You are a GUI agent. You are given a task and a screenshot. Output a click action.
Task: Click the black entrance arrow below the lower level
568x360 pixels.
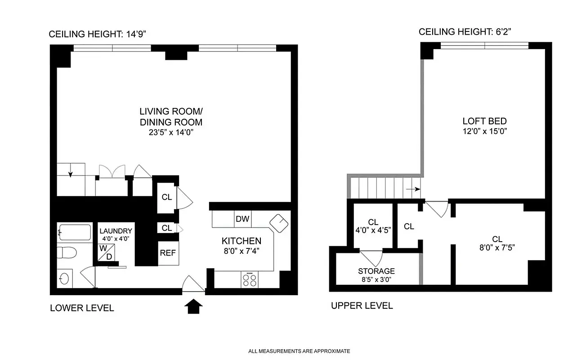point(193,306)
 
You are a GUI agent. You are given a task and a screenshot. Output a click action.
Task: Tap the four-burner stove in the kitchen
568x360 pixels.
point(250,279)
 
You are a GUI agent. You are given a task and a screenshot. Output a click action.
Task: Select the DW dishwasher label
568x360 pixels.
point(242,219)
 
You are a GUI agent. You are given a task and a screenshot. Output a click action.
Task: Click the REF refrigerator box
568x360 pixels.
point(168,253)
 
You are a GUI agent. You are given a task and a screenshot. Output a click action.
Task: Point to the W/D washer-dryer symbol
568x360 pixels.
point(106,252)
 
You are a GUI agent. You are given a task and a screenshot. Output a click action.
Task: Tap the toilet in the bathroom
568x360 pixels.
point(67,253)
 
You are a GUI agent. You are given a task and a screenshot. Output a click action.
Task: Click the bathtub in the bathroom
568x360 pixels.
point(75,232)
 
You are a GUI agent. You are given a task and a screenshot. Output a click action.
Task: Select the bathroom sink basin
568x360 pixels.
point(64,278)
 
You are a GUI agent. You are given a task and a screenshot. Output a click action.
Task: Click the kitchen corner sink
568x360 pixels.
point(279,223)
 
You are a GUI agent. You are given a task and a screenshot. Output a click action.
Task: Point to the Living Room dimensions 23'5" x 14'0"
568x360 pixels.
point(171,132)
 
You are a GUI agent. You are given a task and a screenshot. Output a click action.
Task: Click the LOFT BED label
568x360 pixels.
point(484,121)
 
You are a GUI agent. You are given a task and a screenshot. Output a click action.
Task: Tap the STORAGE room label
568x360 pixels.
point(376,271)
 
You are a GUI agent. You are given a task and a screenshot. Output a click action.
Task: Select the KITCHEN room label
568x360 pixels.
point(242,241)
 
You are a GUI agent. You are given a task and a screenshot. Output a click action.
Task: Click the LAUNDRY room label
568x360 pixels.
point(116,231)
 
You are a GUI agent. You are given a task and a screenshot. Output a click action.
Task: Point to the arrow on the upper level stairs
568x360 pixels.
point(413,189)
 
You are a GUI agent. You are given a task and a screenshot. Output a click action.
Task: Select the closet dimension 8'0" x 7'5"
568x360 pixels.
point(497,247)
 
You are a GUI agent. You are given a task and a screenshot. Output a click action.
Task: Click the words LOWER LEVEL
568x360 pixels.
point(82,308)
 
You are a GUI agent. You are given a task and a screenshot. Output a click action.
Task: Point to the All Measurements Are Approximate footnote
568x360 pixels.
point(299,351)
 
